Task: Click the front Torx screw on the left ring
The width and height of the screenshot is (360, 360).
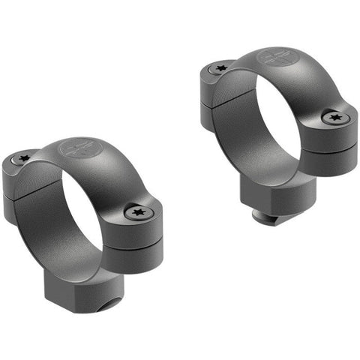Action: (139, 213)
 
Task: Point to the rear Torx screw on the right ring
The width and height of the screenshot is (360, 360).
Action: (220, 67)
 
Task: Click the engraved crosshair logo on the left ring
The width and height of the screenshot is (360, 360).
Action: (76, 147)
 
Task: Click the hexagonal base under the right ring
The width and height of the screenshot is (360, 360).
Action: (276, 196)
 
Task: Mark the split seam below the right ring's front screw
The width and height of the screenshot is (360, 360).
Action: (330, 145)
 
